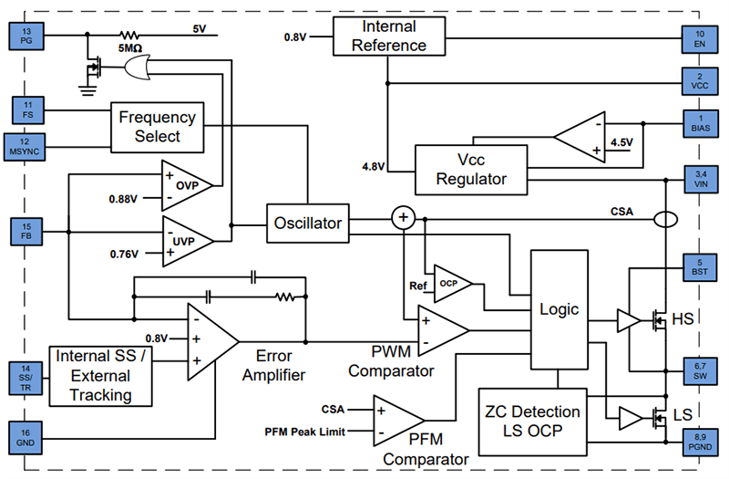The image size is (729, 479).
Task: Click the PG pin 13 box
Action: coord(26,36)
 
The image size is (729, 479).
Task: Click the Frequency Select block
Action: coord(157,127)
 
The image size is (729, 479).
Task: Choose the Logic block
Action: coord(559,309)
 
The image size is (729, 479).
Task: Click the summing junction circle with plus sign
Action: coord(402,218)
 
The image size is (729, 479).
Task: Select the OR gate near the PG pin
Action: coord(138,68)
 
